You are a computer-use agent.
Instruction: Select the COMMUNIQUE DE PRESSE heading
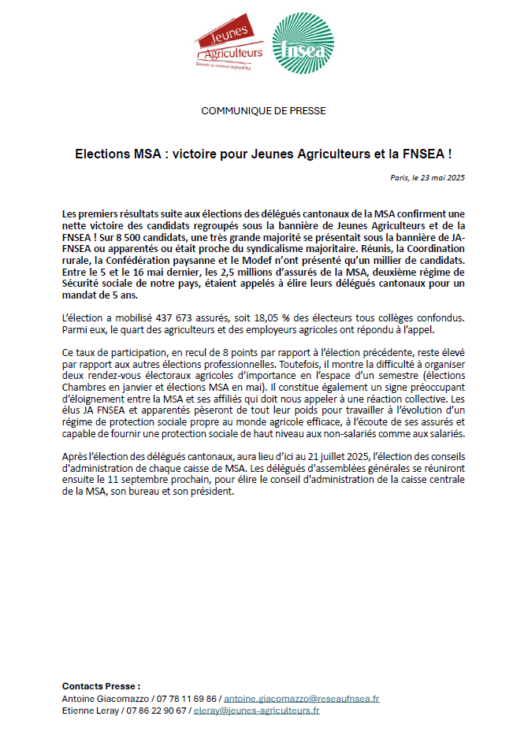(263, 111)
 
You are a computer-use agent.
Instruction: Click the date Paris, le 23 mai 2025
(427, 178)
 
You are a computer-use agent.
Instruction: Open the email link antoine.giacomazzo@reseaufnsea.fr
(301, 699)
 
